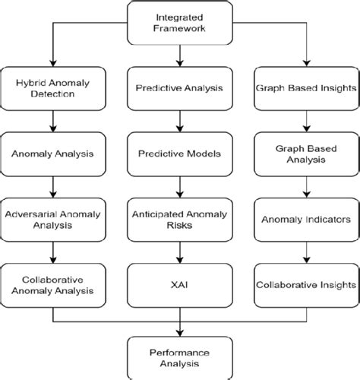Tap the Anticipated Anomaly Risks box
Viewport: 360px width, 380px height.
[180, 218]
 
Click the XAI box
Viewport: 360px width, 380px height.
[180, 283]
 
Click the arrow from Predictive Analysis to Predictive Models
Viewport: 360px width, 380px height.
[180, 122]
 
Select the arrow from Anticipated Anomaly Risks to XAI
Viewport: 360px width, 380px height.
[180, 251]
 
